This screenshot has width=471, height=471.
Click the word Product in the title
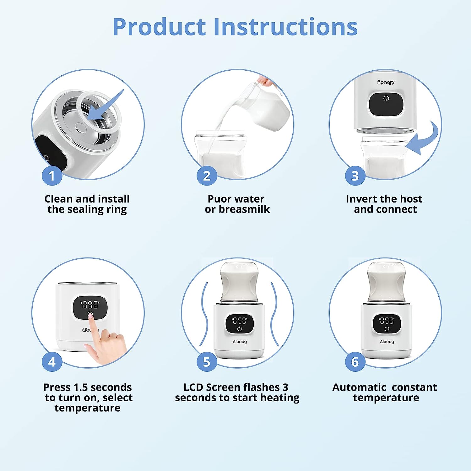(159, 27)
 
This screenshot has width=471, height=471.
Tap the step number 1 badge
(52, 176)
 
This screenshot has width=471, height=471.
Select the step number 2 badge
(207, 176)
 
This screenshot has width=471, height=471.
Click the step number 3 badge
(355, 176)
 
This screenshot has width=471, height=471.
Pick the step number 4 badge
(52, 362)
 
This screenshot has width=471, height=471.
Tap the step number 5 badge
(207, 362)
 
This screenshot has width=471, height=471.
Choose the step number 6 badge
(355, 362)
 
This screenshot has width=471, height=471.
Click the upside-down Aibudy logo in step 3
(386, 83)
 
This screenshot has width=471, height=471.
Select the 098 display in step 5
(240, 321)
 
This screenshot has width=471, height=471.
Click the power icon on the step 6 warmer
(387, 329)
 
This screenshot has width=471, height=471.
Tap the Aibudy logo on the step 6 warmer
(387, 342)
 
